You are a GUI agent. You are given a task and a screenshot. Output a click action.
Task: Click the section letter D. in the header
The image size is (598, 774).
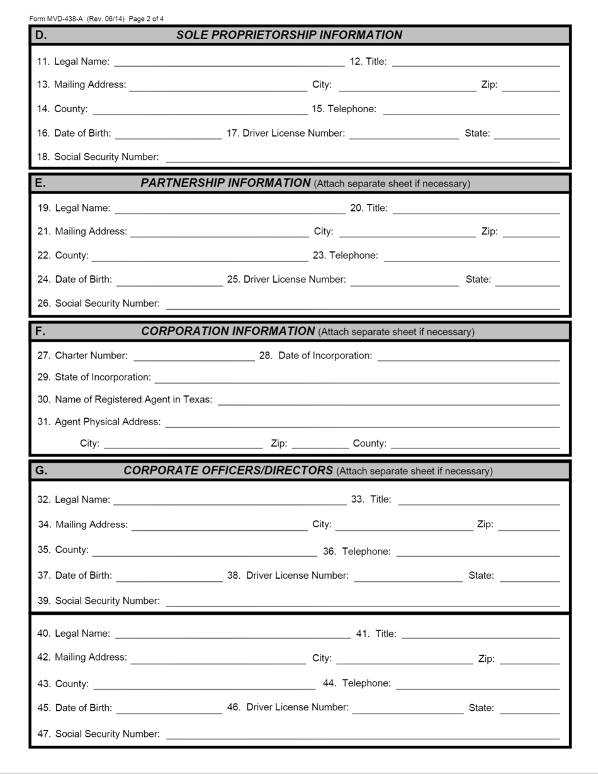(x=41, y=35)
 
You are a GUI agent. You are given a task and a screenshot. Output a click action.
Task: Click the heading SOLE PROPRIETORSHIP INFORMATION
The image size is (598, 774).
(x=289, y=35)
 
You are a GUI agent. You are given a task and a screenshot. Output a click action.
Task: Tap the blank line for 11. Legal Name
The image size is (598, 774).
(x=229, y=62)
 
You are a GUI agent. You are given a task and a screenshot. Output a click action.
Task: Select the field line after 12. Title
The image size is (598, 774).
(x=475, y=62)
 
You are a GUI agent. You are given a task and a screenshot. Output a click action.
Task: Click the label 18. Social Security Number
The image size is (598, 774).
(x=98, y=157)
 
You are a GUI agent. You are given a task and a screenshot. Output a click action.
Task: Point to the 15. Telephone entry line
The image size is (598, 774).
(x=471, y=110)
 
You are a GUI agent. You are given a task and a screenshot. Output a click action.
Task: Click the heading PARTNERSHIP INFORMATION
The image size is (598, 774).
(x=225, y=183)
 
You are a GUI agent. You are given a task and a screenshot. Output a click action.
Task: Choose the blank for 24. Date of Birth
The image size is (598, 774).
(x=169, y=280)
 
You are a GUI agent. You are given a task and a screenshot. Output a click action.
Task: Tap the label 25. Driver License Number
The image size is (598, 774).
(x=286, y=280)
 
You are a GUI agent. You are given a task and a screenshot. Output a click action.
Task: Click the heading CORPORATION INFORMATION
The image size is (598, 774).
(x=228, y=331)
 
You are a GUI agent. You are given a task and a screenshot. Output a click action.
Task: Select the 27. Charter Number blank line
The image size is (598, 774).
(x=194, y=356)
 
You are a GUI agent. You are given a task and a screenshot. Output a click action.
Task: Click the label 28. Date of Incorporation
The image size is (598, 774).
(x=315, y=356)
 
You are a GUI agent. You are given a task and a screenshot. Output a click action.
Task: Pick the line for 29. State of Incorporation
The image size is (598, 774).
(x=356, y=378)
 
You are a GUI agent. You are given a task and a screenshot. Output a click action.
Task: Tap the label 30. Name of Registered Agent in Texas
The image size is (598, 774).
(x=125, y=400)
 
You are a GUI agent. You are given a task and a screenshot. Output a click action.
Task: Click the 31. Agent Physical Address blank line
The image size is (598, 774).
(x=362, y=422)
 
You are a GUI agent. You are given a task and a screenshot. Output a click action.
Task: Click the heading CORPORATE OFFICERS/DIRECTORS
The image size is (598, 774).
(x=228, y=470)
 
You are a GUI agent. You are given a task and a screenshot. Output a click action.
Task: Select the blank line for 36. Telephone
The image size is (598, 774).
(x=477, y=552)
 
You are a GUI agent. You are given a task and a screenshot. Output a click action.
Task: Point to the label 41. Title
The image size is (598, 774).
(x=376, y=634)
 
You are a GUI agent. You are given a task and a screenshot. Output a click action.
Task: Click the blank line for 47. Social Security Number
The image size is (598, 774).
(x=362, y=734)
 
